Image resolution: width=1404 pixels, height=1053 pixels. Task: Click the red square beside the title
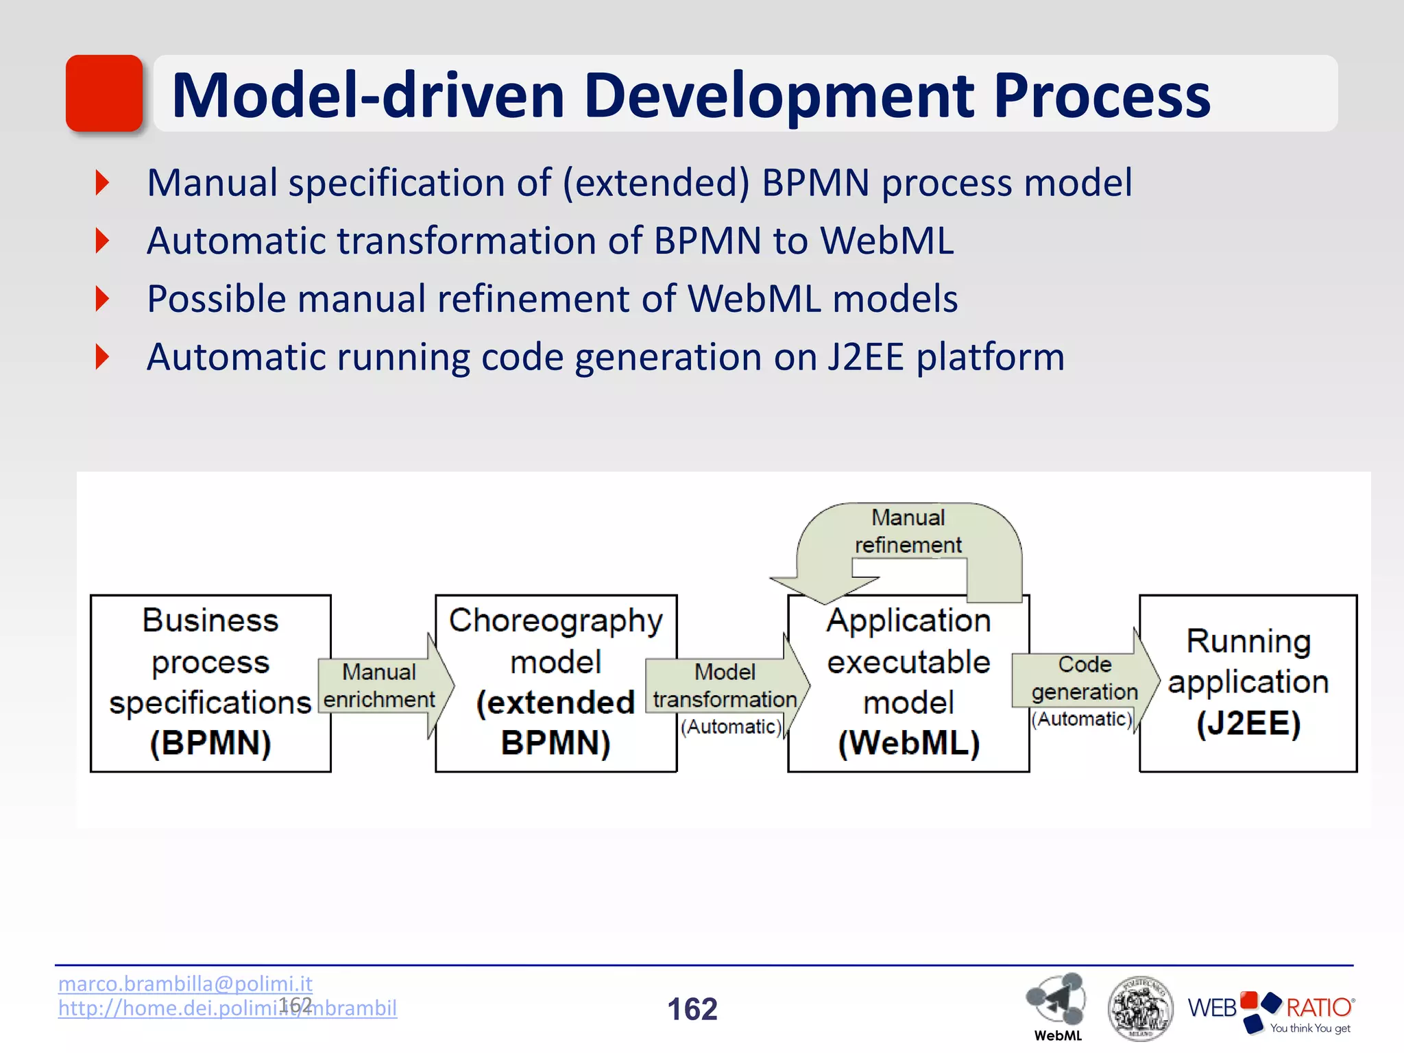(x=104, y=93)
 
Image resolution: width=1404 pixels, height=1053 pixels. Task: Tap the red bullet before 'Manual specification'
(x=103, y=183)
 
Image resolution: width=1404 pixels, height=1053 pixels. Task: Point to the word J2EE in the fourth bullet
(x=866, y=358)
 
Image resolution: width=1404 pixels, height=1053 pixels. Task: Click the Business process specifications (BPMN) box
(x=210, y=683)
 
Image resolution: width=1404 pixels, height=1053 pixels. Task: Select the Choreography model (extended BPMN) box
(x=555, y=683)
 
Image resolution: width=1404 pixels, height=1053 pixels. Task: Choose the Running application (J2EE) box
(x=1248, y=683)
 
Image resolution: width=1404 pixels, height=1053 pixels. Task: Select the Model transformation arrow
(x=725, y=686)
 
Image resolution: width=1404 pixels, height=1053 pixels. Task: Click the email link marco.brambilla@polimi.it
(x=185, y=984)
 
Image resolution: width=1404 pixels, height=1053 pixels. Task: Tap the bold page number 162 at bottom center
(x=692, y=1009)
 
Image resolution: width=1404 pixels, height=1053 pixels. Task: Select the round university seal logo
(x=1139, y=1008)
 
